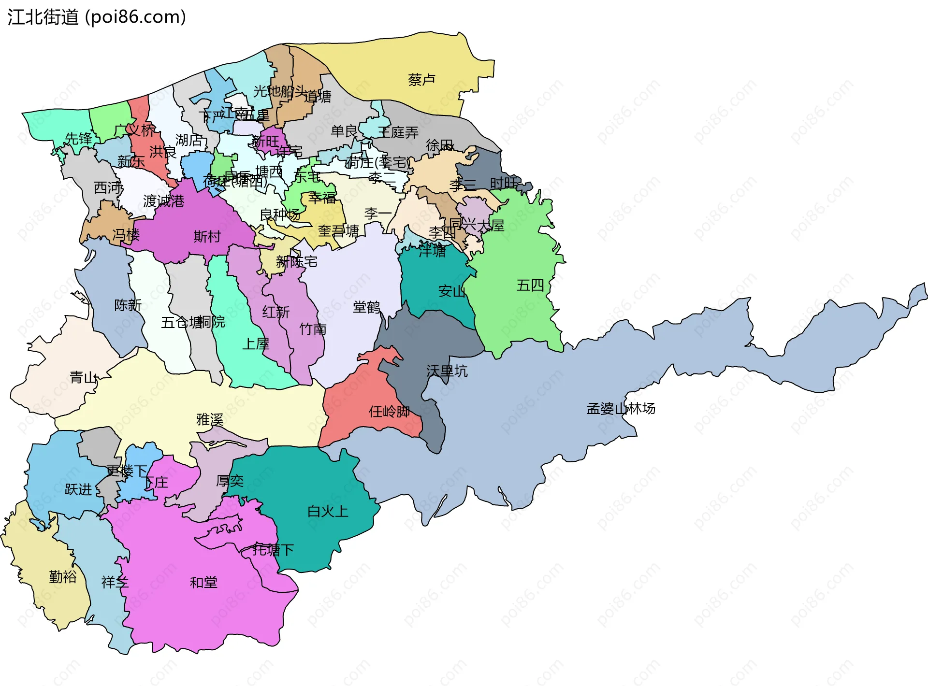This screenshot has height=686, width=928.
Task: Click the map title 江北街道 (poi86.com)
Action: tap(97, 17)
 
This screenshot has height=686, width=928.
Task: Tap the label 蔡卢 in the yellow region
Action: tap(421, 80)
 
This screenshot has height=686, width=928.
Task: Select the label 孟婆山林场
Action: tap(621, 409)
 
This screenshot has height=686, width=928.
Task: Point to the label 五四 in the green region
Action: tap(530, 286)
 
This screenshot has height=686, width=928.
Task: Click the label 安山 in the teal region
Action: tap(452, 291)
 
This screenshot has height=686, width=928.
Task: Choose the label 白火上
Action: tap(328, 511)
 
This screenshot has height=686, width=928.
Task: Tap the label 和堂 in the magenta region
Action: tap(203, 583)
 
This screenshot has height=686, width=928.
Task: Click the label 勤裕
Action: tap(63, 577)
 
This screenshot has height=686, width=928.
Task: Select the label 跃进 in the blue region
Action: tap(78, 489)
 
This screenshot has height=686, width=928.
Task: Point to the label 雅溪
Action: tap(210, 420)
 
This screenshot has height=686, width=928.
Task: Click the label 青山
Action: tap(84, 377)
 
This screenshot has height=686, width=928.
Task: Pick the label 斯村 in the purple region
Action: tap(207, 236)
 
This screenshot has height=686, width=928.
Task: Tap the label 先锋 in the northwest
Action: tap(78, 139)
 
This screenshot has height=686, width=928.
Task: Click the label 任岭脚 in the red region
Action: tap(390, 412)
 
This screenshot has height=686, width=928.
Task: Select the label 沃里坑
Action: tap(447, 371)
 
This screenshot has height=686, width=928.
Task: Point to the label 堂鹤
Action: tap(366, 307)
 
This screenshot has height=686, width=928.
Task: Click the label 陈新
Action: tap(128, 305)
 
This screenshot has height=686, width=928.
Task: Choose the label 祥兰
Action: tap(115, 582)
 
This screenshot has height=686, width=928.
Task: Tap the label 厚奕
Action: tap(230, 481)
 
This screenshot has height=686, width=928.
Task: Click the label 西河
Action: tap(107, 187)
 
